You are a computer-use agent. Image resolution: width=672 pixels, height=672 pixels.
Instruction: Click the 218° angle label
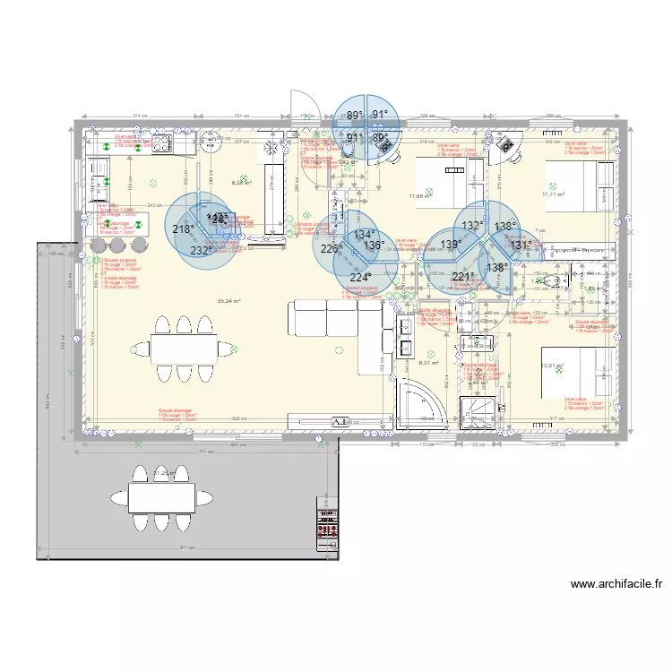pyautogui.click(x=183, y=229)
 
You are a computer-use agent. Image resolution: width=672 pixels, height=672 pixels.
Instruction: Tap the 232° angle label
pyautogui.click(x=201, y=251)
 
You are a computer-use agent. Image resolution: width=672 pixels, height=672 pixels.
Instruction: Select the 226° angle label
pyautogui.click(x=331, y=249)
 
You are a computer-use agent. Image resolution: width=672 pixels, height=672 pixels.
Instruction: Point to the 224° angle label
pyautogui.click(x=358, y=278)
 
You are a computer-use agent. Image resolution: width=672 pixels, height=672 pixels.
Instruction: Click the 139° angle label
pyautogui.click(x=450, y=244)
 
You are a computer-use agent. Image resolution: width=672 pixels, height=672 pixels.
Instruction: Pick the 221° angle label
pyautogui.click(x=461, y=277)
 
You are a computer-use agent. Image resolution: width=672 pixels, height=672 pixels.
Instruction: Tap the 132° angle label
pyautogui.click(x=473, y=226)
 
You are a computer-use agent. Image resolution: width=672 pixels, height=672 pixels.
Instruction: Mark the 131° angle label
pyautogui.click(x=521, y=244)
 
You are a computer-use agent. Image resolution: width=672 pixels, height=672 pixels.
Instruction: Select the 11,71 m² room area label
pyautogui.click(x=555, y=194)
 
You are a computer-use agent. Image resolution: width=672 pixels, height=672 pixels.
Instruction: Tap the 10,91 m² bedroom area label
pyautogui.click(x=554, y=366)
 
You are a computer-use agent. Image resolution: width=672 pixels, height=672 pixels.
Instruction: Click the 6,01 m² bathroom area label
pyautogui.click(x=429, y=363)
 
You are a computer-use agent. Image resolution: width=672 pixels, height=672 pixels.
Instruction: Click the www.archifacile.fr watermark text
pyautogui.click(x=616, y=584)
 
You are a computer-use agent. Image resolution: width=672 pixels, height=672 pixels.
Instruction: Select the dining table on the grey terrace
pyautogui.click(x=161, y=495)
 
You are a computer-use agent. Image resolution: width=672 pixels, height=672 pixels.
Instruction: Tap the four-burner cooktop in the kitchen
pyautogui.click(x=163, y=143)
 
